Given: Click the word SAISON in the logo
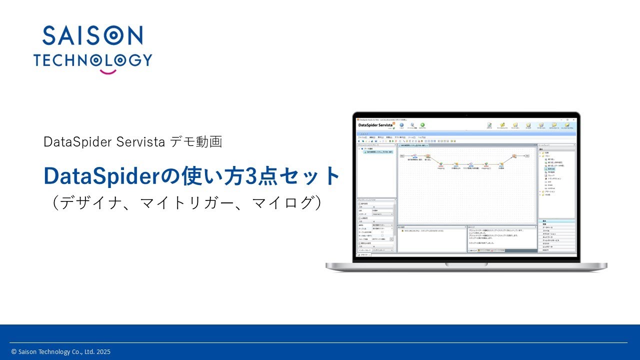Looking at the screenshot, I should (x=92, y=35).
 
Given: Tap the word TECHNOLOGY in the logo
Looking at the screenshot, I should (x=92, y=60).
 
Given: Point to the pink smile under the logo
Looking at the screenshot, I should (x=107, y=71).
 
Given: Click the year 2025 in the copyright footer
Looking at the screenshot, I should (x=103, y=352).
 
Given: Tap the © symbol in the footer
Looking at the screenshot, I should (x=14, y=352).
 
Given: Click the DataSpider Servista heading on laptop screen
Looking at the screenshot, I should (x=375, y=125).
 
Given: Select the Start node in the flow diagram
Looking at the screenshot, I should (x=401, y=156).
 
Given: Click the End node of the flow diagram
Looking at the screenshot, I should (x=527, y=156).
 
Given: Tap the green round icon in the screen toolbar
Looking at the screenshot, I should (x=422, y=125).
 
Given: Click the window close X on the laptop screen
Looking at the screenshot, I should (x=574, y=120).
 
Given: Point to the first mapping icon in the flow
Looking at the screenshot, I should (x=441, y=164).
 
